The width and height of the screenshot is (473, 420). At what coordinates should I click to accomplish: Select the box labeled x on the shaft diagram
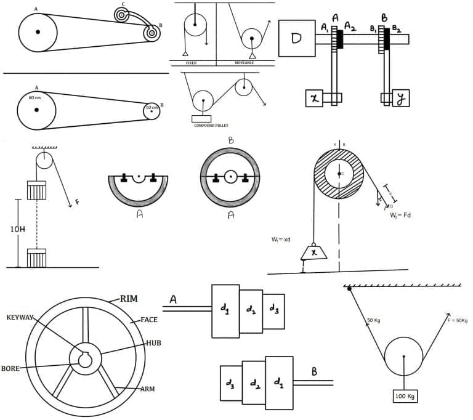point(314,98)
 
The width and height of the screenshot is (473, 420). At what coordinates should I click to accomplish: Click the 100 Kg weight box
point(405,397)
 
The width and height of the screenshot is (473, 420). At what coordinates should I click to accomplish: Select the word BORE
point(10,368)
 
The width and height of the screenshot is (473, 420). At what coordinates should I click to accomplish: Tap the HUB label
point(153,342)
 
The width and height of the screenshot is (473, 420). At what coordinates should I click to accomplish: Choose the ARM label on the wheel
point(147,389)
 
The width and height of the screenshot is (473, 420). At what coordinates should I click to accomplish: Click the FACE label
point(149,320)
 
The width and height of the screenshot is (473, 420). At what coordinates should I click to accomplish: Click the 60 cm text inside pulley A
point(34,97)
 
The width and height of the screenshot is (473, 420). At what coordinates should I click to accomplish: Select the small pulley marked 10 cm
point(152,111)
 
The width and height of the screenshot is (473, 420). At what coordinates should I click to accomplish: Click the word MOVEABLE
point(245,63)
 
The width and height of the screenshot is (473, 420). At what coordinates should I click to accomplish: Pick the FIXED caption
point(191,63)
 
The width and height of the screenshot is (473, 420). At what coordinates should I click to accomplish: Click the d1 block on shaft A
point(225,311)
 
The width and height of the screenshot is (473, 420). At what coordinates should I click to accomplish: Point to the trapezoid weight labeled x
point(314,251)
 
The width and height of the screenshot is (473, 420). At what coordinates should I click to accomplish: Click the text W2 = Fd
point(390,215)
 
